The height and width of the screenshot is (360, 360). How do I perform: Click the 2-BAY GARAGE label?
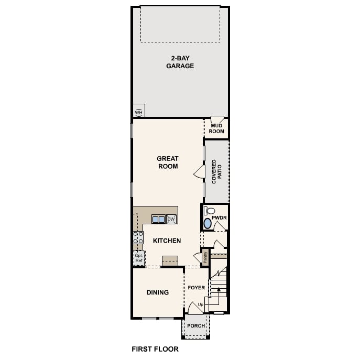180,62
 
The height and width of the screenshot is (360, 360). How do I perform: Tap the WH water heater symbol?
138,112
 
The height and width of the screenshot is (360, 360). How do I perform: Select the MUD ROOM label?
217,129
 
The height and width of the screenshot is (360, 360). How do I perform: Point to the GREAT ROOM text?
168,162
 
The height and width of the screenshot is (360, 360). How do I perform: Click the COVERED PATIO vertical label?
217,172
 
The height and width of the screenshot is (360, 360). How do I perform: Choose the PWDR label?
219,217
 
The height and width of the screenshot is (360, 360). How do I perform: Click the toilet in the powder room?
206,211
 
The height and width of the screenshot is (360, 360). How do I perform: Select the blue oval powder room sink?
208,223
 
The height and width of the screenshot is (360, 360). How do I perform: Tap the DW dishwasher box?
171,219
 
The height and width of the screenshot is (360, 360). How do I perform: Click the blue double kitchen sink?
158,219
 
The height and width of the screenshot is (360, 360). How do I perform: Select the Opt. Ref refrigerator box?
138,257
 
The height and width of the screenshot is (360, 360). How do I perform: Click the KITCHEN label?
167,241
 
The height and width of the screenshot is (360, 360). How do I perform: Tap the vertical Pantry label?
205,257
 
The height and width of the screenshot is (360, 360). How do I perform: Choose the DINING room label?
157,292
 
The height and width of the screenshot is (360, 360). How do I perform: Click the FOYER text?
197,288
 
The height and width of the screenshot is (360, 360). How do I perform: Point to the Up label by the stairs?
200,304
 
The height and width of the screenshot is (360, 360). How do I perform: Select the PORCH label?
197,325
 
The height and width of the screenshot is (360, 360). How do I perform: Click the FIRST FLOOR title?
155,348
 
